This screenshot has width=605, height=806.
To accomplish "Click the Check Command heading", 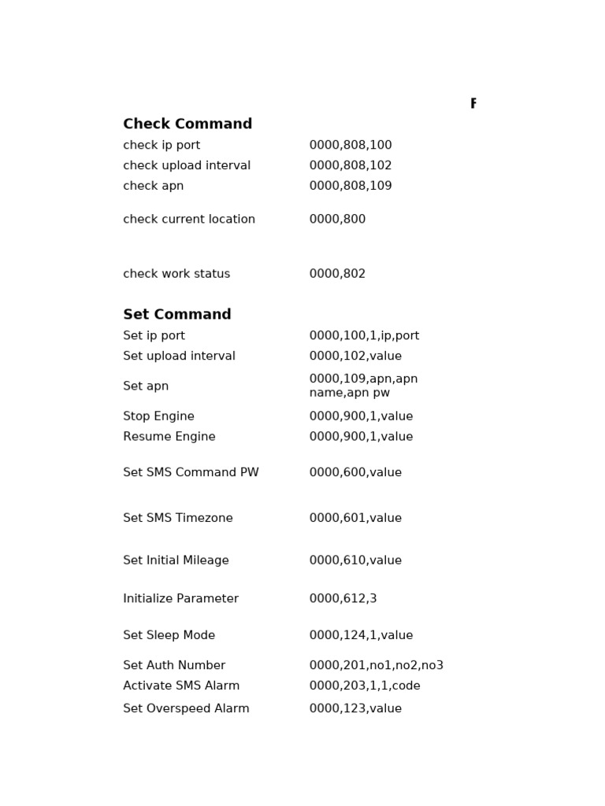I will [x=187, y=124].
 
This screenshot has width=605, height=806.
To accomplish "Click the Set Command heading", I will [x=177, y=315].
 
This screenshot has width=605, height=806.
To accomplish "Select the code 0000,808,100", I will [x=351, y=146].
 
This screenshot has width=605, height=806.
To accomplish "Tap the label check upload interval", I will [x=187, y=166].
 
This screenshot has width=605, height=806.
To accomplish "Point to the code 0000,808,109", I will [x=351, y=187].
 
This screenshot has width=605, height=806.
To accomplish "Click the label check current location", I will [x=189, y=220].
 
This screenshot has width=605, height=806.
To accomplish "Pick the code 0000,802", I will [x=337, y=274].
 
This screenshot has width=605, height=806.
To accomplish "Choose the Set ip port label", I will [x=154, y=336].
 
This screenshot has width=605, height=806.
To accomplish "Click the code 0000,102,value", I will [x=355, y=357].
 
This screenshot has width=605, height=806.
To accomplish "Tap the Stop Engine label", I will [x=158, y=416].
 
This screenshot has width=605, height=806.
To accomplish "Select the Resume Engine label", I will [x=169, y=437].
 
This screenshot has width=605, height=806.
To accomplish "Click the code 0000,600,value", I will [x=355, y=473].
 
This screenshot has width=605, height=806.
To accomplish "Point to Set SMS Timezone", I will [x=178, y=519].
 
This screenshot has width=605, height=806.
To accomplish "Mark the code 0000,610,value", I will [x=355, y=561].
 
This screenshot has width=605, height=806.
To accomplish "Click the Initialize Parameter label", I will [x=180, y=599].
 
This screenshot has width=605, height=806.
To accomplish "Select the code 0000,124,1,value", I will [x=361, y=636].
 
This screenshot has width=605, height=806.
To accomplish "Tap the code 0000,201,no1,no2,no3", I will [x=377, y=666].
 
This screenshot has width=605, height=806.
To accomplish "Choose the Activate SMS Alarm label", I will [x=181, y=686].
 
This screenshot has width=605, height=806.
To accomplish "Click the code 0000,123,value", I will [x=355, y=709].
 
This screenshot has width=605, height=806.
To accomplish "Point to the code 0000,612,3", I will [x=343, y=599].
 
